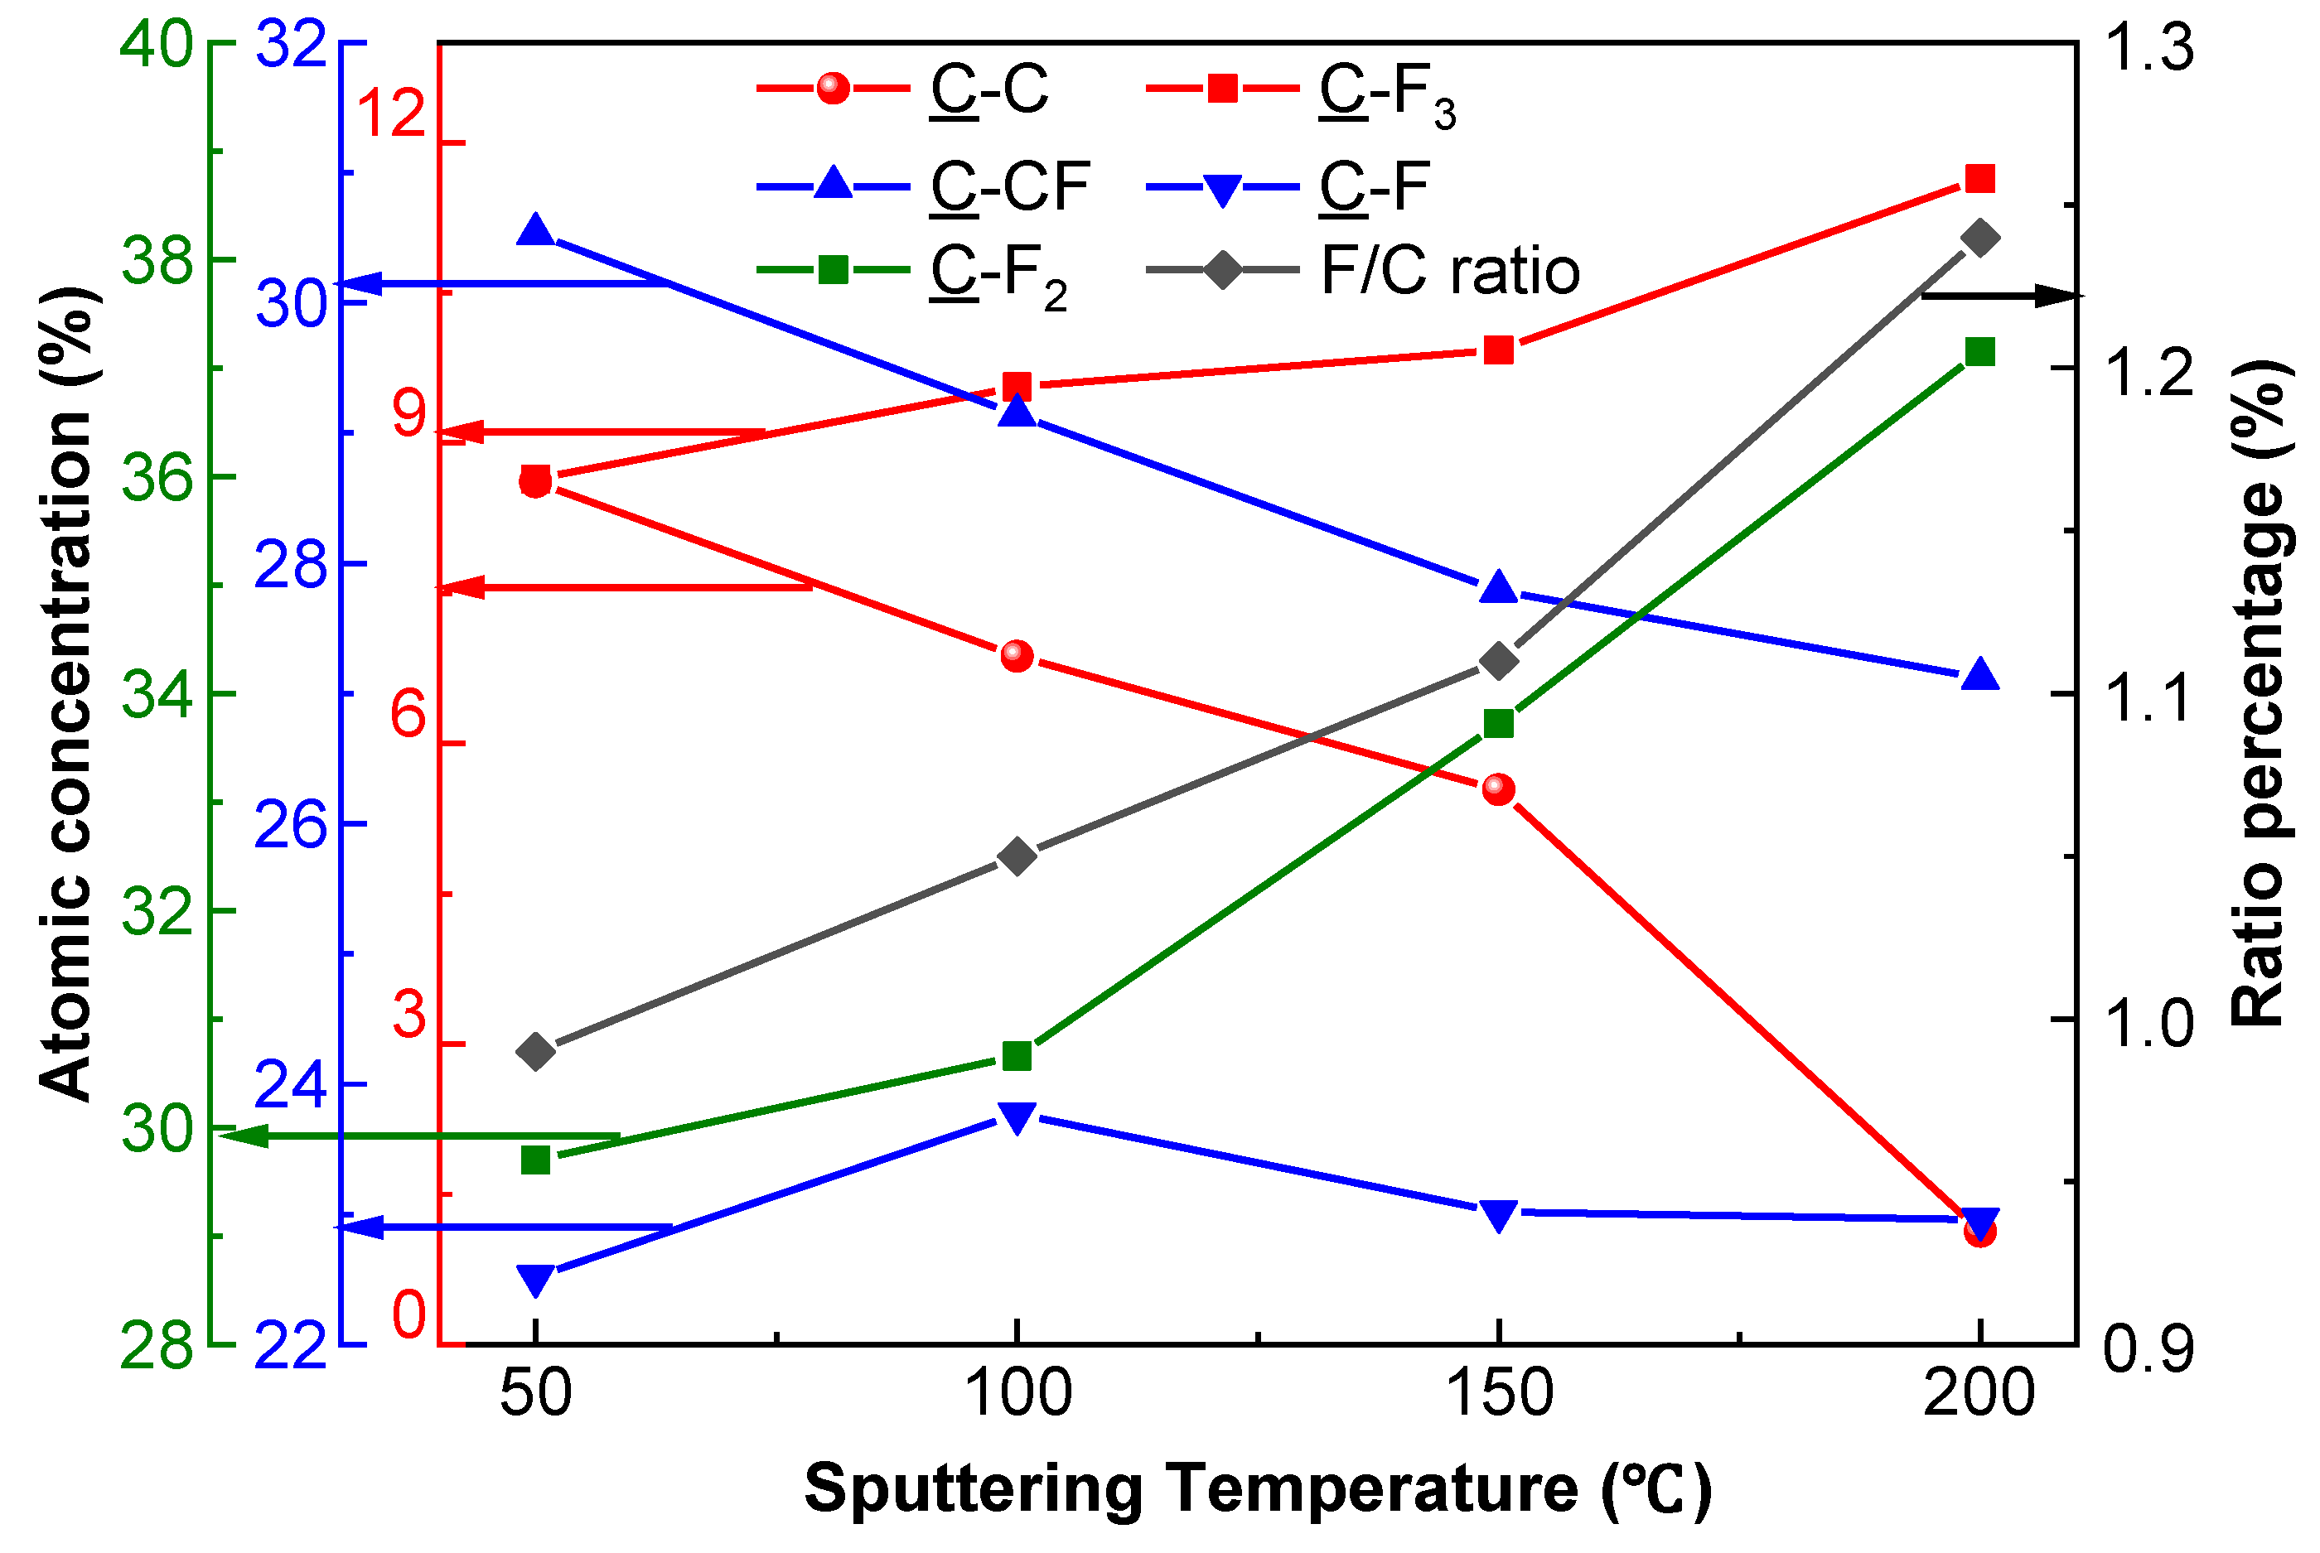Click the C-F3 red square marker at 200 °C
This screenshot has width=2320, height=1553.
[1979, 179]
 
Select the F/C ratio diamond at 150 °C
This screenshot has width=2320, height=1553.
[1499, 661]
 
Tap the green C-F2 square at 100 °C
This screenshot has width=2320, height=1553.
[1017, 1056]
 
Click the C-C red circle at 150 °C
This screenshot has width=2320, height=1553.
[1499, 789]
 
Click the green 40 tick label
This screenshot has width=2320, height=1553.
[156, 45]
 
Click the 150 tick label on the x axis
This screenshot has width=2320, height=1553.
[1500, 1392]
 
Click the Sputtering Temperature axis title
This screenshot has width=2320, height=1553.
[1258, 1489]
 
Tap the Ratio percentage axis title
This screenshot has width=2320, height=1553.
[2260, 693]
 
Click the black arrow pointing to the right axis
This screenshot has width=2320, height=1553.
[2001, 295]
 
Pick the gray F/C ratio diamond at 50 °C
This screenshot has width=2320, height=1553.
[536, 1051]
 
